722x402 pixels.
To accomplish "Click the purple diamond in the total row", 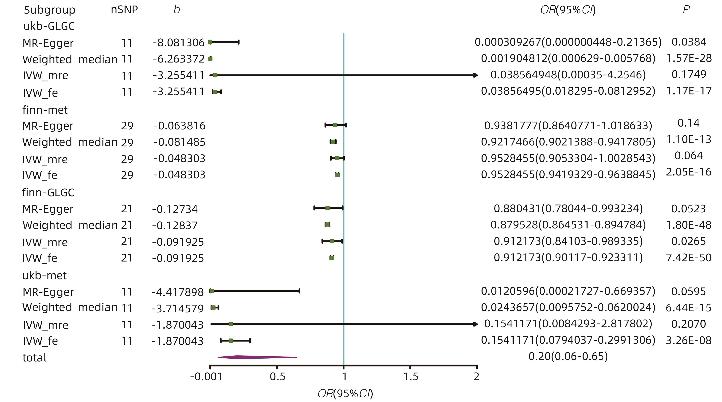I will coord(252,357).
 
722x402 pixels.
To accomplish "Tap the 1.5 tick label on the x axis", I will coord(411,376).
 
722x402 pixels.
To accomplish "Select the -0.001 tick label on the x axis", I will coord(206,376).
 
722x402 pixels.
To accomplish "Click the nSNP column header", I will coord(125,10).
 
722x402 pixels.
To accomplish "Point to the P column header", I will coord(686,10).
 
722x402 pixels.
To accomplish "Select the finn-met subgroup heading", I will coord(45,110).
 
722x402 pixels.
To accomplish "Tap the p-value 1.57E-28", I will coord(689,58).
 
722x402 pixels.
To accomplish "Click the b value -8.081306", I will coord(179,43).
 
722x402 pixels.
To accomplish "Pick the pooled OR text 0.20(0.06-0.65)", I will coord(568,356).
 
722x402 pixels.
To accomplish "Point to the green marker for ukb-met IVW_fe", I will coord(230,341).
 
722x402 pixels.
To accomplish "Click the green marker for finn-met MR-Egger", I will coord(335,125).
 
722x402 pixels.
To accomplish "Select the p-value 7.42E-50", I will coord(689,257).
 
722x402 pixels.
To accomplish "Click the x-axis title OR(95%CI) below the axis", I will coord(345,394).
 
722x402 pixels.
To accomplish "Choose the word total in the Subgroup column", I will coord(34,358).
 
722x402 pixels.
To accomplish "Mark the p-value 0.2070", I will coord(688,324).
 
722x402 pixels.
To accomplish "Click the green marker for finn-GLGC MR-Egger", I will coord(327,208).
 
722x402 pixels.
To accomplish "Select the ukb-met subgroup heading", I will coord(45,275).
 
